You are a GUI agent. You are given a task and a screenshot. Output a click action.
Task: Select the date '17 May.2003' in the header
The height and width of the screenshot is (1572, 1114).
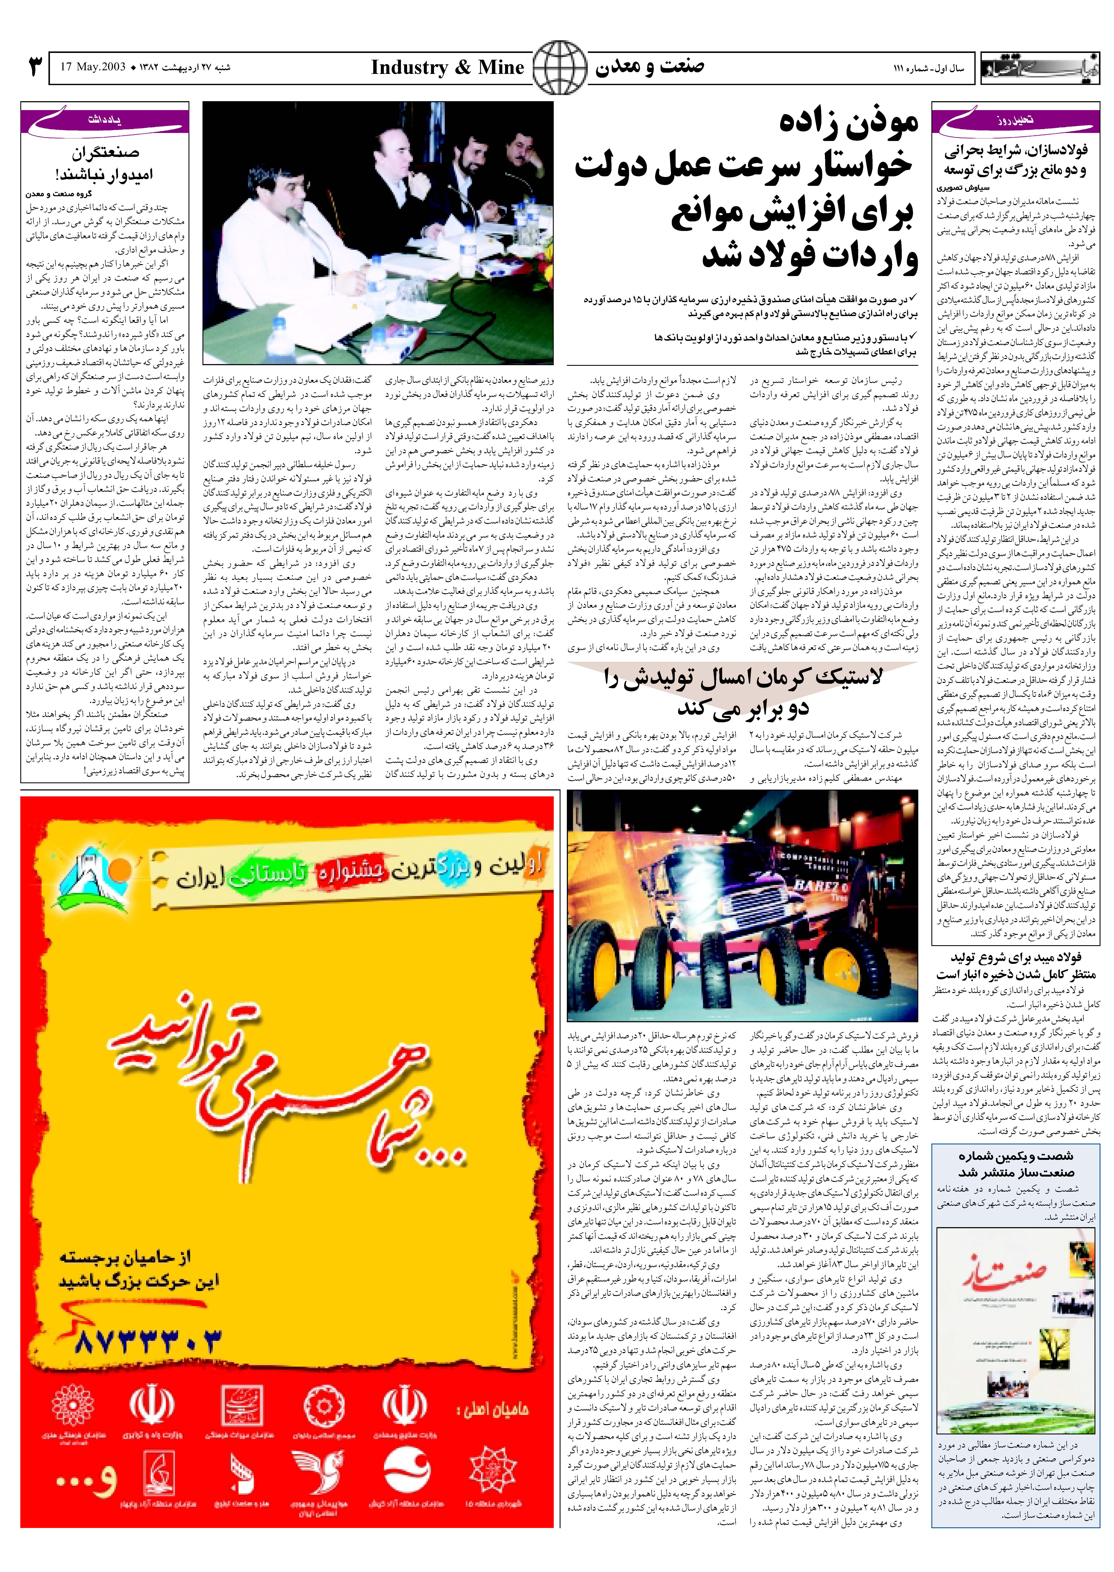click(x=93, y=67)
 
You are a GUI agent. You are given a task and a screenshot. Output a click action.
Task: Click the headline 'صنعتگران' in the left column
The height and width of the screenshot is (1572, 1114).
click(x=104, y=152)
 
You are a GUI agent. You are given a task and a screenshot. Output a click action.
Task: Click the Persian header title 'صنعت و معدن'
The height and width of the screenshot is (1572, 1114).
click(x=649, y=67)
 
